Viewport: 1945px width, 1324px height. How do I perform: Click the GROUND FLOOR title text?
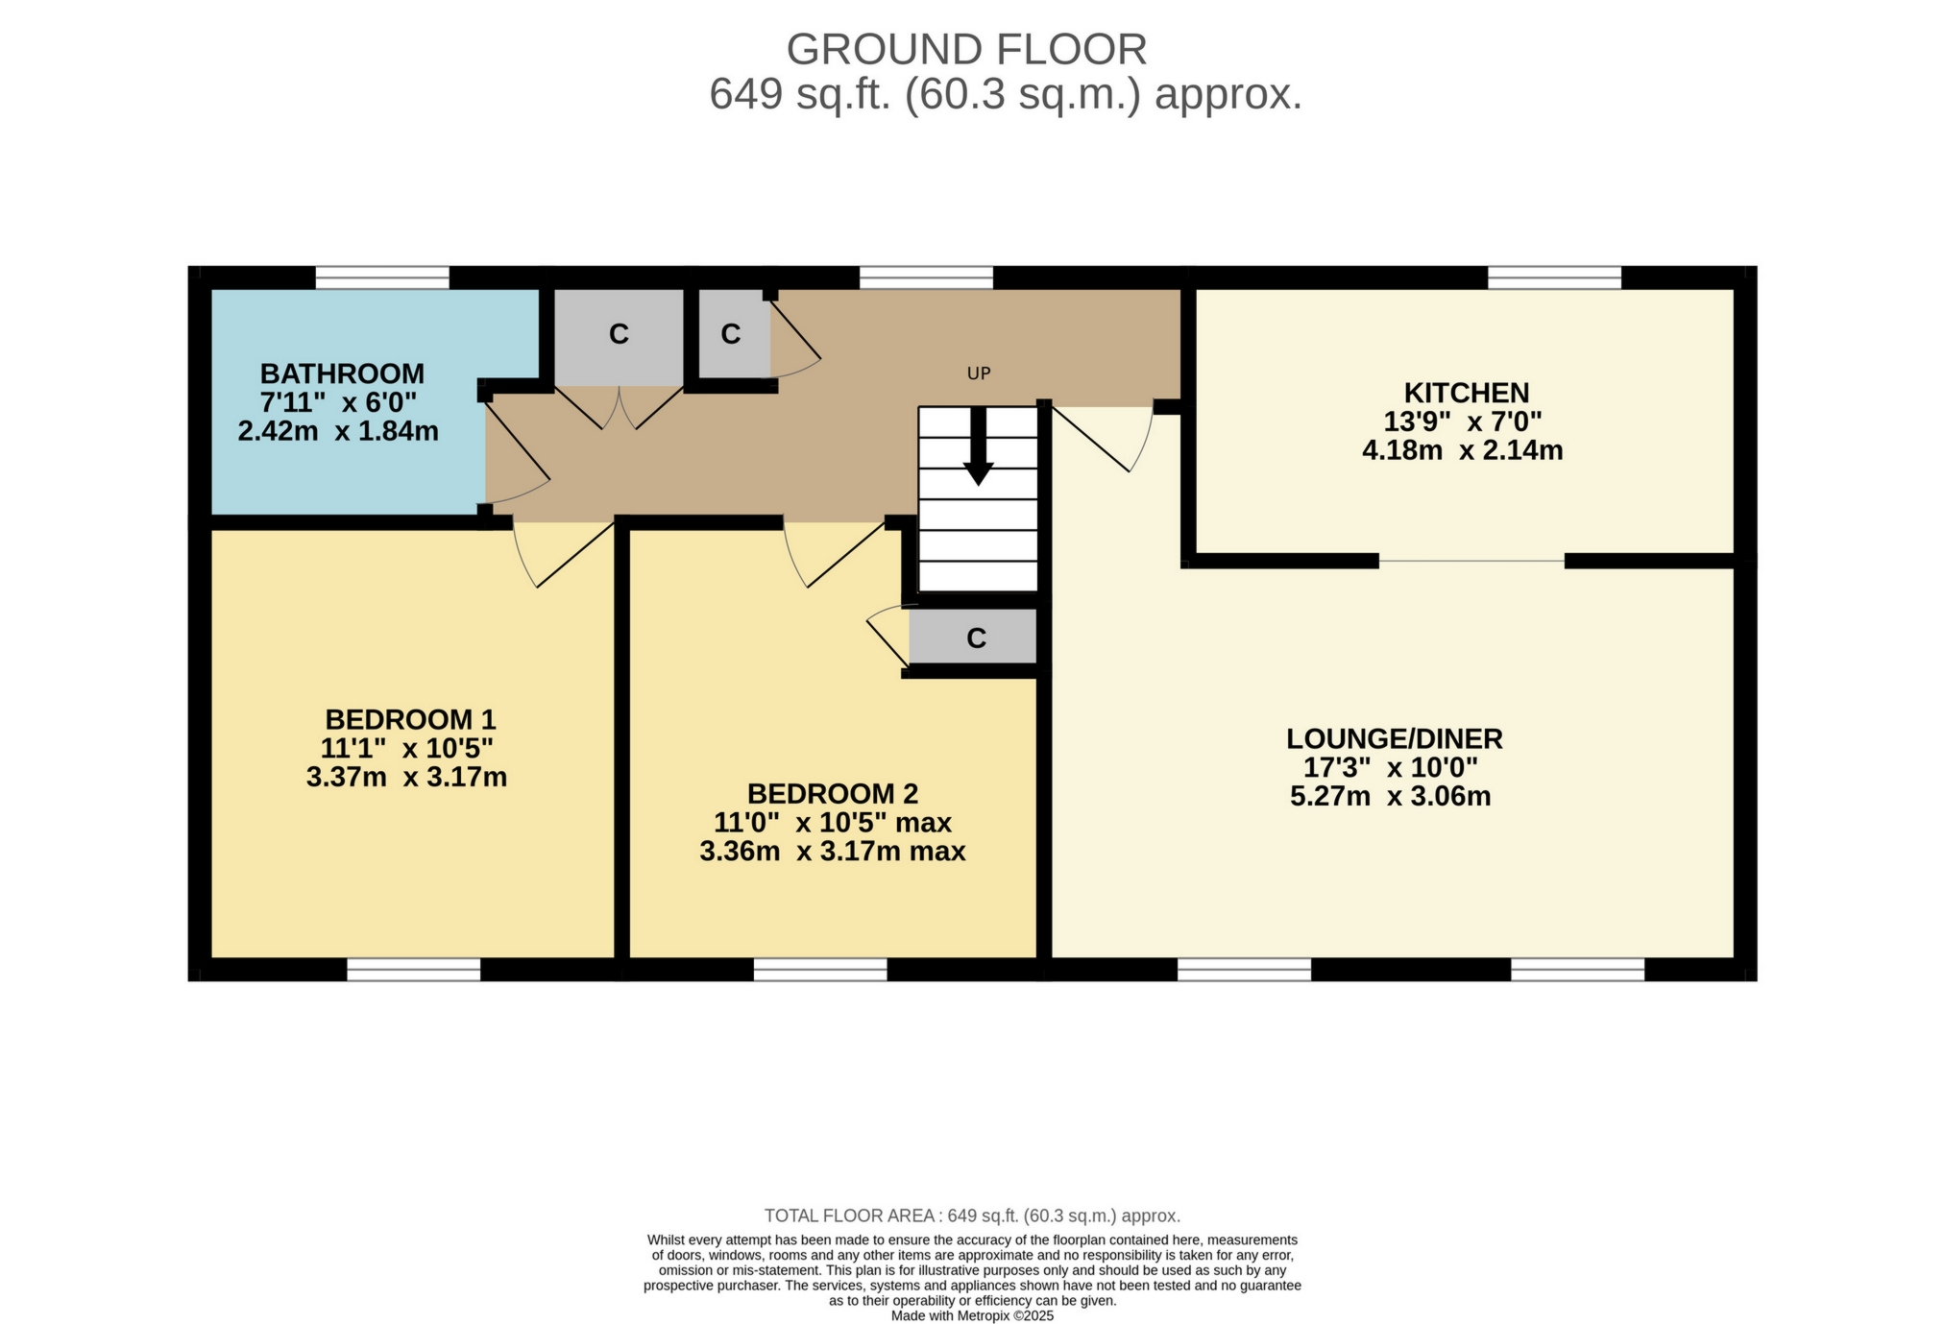pyautogui.click(x=966, y=49)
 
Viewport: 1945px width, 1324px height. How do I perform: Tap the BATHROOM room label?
pyautogui.click(x=342, y=373)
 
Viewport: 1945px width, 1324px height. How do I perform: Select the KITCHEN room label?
pyautogui.click(x=1466, y=393)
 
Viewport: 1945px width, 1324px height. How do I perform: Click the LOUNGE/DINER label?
pyautogui.click(x=1394, y=738)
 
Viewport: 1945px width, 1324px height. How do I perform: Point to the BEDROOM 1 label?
pyautogui.click(x=410, y=719)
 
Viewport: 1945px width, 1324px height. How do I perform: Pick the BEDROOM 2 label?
pyautogui.click(x=833, y=794)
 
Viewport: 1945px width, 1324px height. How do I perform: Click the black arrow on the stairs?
pyautogui.click(x=978, y=446)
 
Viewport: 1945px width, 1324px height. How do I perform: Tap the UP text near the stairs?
pyautogui.click(x=978, y=373)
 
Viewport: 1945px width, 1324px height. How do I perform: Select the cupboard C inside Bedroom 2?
pyautogui.click(x=976, y=638)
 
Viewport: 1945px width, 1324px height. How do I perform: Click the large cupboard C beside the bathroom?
pyautogui.click(x=619, y=334)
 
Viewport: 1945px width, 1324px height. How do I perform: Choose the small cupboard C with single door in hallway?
pyautogui.click(x=731, y=334)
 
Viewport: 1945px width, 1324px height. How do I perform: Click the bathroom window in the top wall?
pyautogui.click(x=382, y=277)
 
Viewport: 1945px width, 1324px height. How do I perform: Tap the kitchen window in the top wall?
pyautogui.click(x=1554, y=277)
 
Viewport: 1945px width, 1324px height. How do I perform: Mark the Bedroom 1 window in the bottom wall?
pyautogui.click(x=413, y=970)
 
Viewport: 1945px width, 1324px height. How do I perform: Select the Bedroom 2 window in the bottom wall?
pyautogui.click(x=820, y=970)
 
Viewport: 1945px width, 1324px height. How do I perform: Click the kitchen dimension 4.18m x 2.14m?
pyautogui.click(x=1462, y=450)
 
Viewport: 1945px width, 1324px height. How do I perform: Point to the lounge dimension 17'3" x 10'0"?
pyautogui.click(x=1390, y=767)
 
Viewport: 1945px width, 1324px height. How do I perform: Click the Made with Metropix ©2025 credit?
pyautogui.click(x=972, y=1315)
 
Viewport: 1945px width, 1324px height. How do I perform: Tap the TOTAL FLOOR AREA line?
pyautogui.click(x=972, y=1216)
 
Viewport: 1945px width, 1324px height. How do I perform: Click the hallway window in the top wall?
pyautogui.click(x=926, y=277)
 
